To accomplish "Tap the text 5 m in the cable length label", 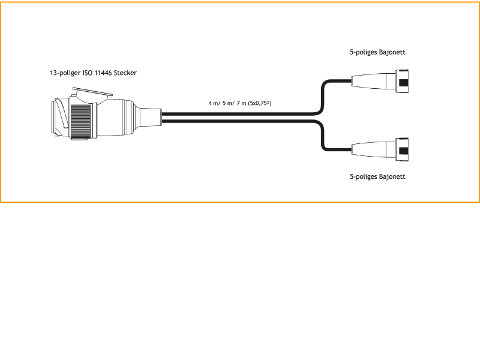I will click(x=229, y=103).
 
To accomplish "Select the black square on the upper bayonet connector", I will click(x=404, y=83).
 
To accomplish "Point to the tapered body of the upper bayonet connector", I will click(x=369, y=83).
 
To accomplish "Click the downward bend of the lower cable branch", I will click(x=325, y=139).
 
